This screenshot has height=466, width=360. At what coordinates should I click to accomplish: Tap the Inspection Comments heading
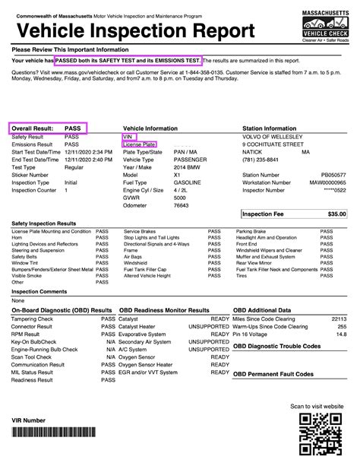pyautogui.click(x=39, y=291)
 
